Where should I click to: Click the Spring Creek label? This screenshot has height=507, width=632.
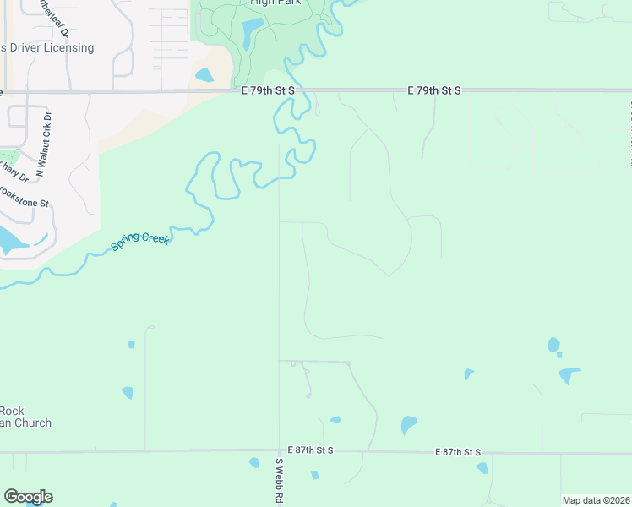pyautogui.click(x=140, y=242)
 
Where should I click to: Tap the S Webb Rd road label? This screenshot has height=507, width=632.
pyautogui.click(x=278, y=482)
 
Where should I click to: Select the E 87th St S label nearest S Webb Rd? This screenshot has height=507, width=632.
pyautogui.click(x=311, y=452)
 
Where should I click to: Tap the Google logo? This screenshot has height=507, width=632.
pyautogui.click(x=28, y=497)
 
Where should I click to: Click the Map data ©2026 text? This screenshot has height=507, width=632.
pyautogui.click(x=595, y=500)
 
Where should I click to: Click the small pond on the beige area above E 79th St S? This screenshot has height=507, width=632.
pyautogui.click(x=204, y=75)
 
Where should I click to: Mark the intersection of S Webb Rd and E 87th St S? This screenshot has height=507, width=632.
pyautogui.click(x=279, y=452)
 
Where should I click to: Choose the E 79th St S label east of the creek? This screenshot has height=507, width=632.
pyautogui.click(x=433, y=90)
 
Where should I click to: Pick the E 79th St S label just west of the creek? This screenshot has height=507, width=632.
pyautogui.click(x=267, y=90)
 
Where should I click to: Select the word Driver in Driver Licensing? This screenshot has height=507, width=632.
pyautogui.click(x=28, y=48)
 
